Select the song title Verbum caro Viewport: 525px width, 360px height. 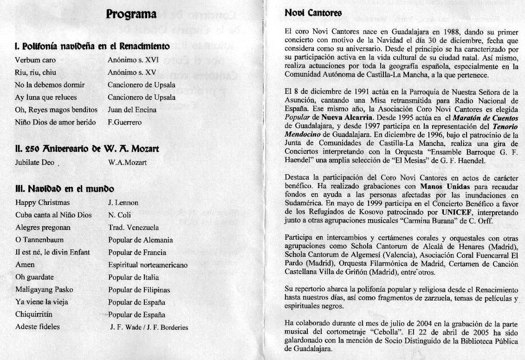coord(32,60)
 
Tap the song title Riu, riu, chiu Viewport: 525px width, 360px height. coord(35,72)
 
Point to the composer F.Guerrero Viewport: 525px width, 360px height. coord(124,123)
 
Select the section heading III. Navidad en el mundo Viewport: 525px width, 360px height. coord(65,189)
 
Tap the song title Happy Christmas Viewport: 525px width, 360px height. coord(42,203)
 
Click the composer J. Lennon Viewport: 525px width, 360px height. coord(123,203)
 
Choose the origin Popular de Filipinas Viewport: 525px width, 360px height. coord(139,290)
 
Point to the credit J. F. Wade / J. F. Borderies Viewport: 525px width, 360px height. coord(149,327)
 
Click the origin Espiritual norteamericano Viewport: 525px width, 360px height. coord(148,265)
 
